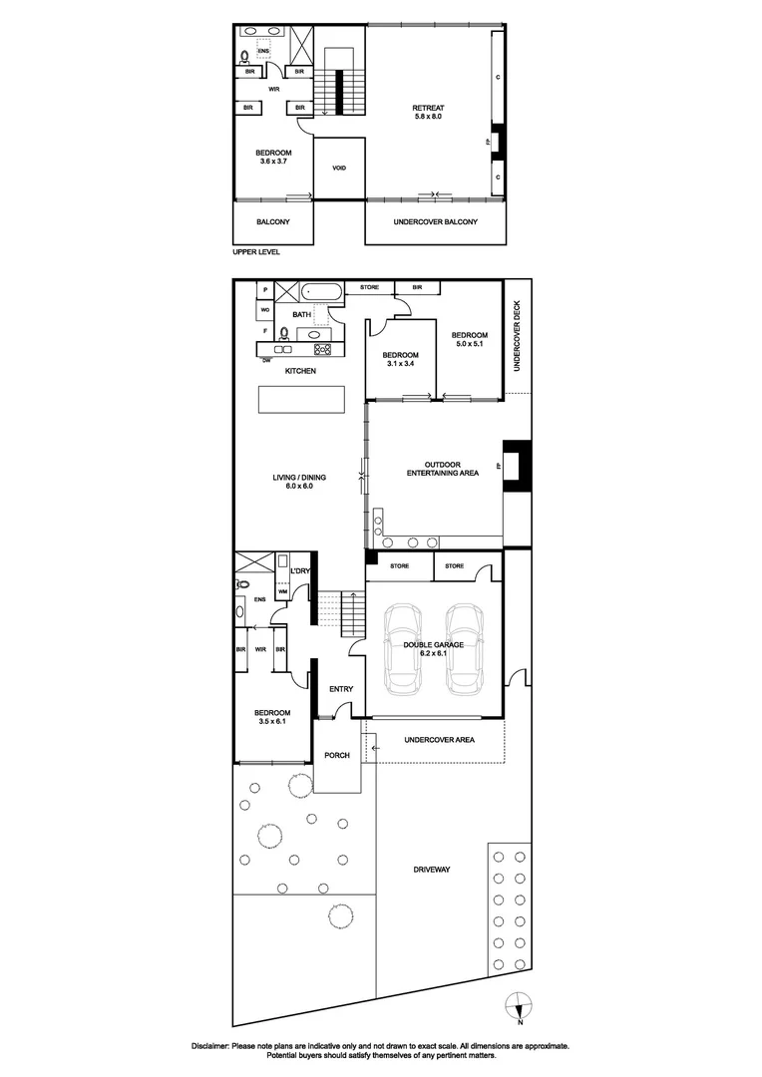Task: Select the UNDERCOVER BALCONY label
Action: (x=436, y=221)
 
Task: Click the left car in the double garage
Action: (x=404, y=648)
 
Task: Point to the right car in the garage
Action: (x=465, y=648)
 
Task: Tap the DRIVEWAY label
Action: (x=432, y=870)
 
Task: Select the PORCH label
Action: (x=337, y=755)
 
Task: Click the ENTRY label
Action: (x=341, y=689)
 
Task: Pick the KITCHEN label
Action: (x=300, y=371)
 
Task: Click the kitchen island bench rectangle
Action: (x=302, y=400)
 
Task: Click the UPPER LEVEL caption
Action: (x=256, y=251)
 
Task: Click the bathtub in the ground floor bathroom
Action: (x=322, y=292)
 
